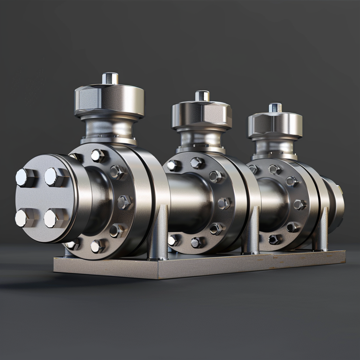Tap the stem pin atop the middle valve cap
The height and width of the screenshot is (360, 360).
click(202, 96)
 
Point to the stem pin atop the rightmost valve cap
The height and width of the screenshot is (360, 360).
click(275, 107)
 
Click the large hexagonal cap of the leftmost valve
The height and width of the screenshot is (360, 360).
click(109, 100)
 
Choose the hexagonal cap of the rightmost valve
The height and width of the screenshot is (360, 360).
click(275, 125)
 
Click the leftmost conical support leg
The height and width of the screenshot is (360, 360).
click(157, 234)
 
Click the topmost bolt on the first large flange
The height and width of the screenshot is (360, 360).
click(98, 155)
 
